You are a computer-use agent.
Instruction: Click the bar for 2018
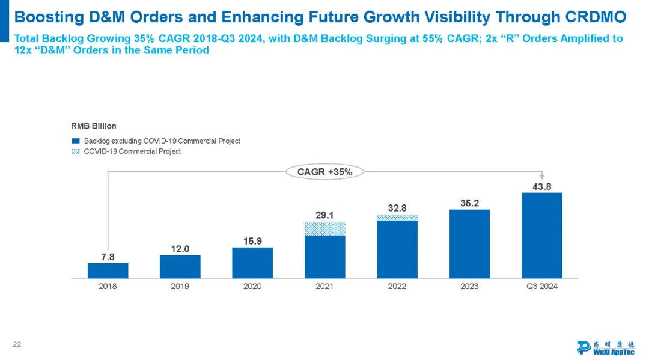(108, 270)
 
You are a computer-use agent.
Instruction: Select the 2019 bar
(180, 266)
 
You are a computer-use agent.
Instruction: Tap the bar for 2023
(469, 243)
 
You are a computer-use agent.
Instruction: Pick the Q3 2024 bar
(541, 235)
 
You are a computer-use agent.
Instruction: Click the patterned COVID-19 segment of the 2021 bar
(325, 228)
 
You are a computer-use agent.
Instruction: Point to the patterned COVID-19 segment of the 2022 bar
(397, 217)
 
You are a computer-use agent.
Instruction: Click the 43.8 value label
(541, 186)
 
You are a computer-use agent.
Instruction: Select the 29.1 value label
(325, 215)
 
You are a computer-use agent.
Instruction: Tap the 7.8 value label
(108, 257)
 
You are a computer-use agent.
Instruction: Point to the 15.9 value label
(252, 241)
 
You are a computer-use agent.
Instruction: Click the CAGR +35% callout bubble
(324, 172)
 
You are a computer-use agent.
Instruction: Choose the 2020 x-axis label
(252, 287)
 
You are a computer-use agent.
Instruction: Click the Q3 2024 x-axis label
(541, 287)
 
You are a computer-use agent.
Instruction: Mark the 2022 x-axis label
(397, 287)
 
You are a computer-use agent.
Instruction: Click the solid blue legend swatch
(76, 141)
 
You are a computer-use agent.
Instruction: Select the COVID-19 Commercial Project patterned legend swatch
(76, 151)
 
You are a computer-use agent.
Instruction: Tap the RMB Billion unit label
(94, 126)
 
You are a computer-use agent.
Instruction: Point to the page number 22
(17, 344)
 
